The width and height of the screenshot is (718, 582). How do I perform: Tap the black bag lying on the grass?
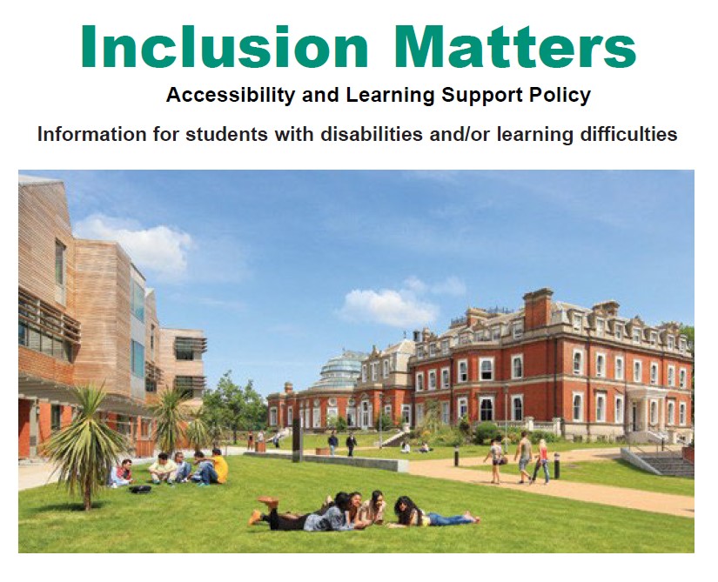point(139,489)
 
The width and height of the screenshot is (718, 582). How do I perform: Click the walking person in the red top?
point(541,460)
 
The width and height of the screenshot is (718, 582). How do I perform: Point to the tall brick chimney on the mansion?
point(537,309)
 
